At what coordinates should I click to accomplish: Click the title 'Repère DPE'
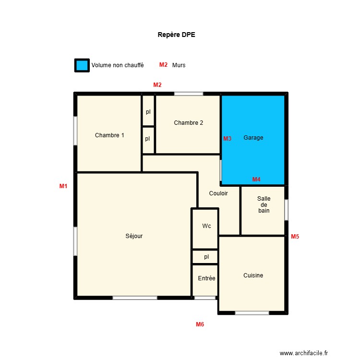coord(176,35)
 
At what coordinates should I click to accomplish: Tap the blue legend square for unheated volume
coord(82,65)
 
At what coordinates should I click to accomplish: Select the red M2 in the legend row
coord(163,65)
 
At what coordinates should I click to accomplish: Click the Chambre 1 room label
coord(109,135)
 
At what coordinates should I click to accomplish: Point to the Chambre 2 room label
coord(188,123)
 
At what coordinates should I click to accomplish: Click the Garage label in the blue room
coord(253,138)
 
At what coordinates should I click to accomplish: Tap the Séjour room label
coord(134,236)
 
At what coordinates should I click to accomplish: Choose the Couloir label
coord(218,193)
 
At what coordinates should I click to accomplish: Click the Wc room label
coord(206,226)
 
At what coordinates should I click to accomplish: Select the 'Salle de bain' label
coord(264,204)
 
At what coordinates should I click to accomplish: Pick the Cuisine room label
coord(253,276)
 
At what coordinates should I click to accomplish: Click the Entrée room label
coord(206,278)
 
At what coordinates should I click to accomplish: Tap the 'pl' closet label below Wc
coord(206,257)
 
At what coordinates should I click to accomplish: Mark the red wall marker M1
coord(63,186)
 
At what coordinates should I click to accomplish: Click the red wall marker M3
coord(227,139)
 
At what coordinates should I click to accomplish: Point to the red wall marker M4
coord(256,180)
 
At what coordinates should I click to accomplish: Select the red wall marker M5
coord(295,236)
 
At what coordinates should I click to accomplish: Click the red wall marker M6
coord(200,324)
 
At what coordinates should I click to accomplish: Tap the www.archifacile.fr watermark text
coord(304,353)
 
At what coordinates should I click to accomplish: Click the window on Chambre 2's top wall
coord(188,94)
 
